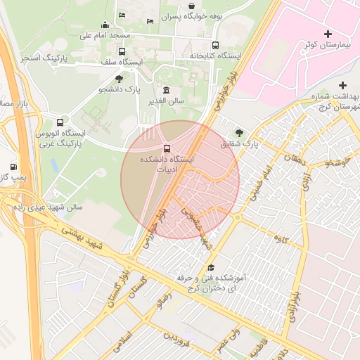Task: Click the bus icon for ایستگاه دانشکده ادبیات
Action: point(167,148)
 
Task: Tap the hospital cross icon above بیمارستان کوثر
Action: point(328,34)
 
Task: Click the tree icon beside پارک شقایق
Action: point(240,132)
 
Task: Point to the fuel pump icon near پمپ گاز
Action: point(13,167)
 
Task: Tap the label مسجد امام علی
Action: point(105,34)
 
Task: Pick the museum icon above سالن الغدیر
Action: point(166,90)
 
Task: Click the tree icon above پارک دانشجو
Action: point(119,79)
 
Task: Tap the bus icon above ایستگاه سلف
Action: point(122,51)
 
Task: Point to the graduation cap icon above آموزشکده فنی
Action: point(211,267)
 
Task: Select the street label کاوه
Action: point(281,240)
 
